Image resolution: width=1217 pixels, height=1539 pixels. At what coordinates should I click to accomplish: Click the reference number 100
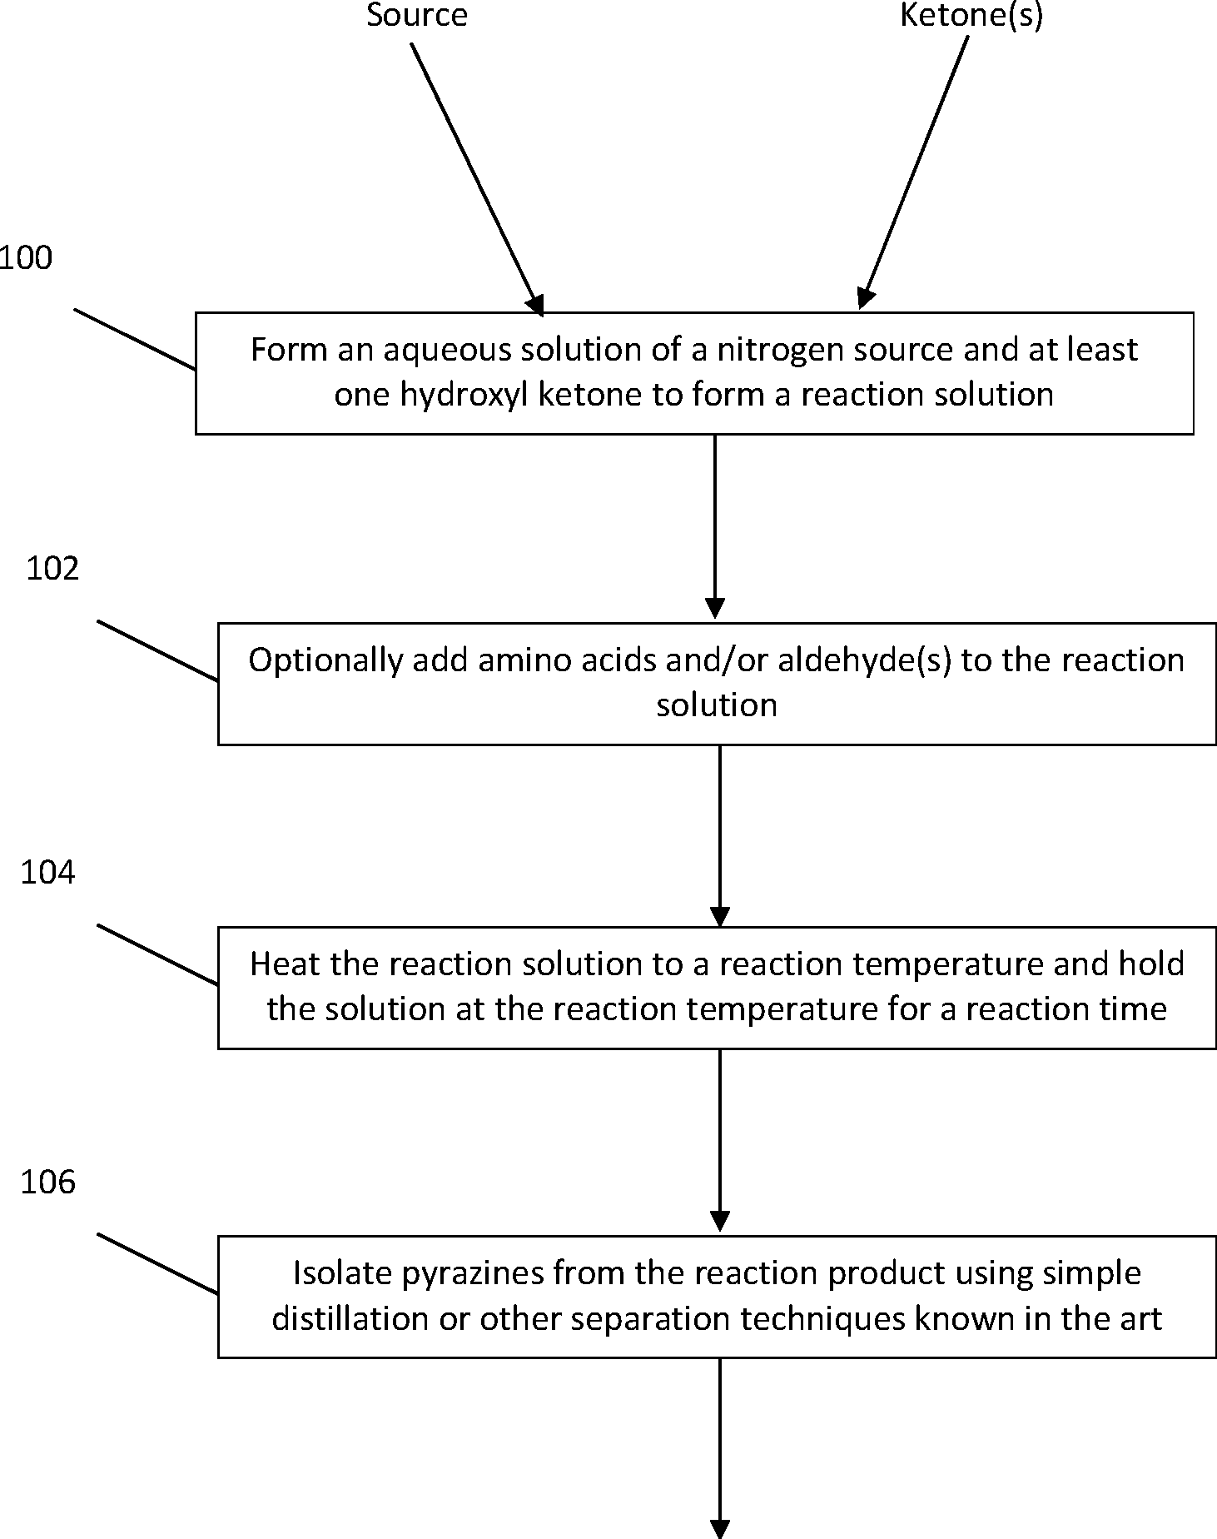[x=25, y=258]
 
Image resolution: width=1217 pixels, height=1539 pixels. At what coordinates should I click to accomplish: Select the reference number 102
[x=52, y=569]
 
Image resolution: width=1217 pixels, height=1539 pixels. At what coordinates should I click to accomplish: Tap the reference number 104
[x=47, y=873]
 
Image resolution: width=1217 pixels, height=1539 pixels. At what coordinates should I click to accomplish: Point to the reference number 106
[x=47, y=1183]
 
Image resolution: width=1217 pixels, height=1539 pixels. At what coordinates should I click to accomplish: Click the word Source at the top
[x=417, y=15]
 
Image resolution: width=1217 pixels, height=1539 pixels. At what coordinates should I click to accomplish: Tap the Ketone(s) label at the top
[x=971, y=15]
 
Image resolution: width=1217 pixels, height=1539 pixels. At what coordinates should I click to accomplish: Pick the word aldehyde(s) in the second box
[x=864, y=660]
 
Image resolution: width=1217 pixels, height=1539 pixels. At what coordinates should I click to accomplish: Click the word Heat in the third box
[x=285, y=964]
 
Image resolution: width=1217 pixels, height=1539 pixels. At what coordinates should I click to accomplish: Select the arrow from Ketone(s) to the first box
[x=915, y=171]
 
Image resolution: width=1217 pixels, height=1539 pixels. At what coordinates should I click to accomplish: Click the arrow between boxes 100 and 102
[x=715, y=525]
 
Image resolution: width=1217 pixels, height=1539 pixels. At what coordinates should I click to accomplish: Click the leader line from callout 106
[x=158, y=1263]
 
